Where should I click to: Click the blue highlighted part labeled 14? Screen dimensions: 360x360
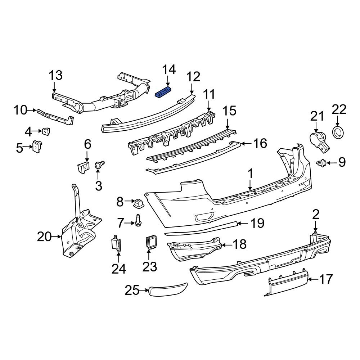pos(163,92)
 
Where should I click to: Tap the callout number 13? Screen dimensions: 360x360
pos(55,76)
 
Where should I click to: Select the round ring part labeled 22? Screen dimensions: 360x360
pos(338,132)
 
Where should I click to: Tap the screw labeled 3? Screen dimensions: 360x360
pos(99,166)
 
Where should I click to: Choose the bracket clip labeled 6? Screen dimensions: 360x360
pos(83,167)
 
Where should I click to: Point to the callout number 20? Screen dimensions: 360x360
pos(45,237)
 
